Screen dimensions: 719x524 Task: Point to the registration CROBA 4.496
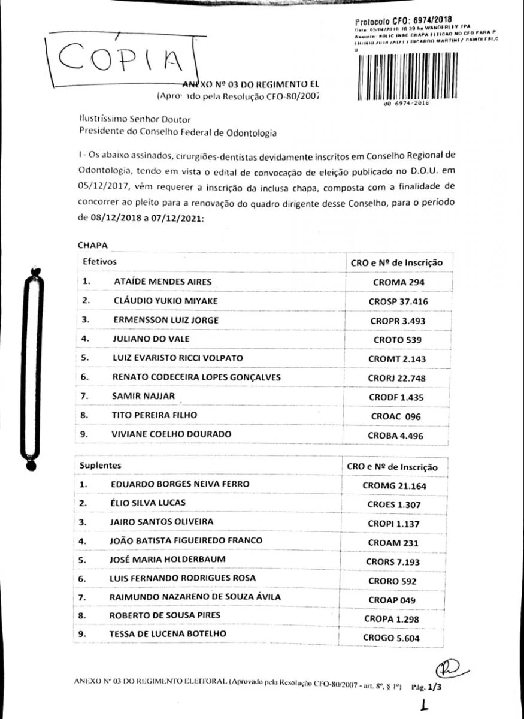pos(395,436)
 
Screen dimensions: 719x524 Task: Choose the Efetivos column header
pos(99,262)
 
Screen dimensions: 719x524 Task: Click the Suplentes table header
pos(100,465)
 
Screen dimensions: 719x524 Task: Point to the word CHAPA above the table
pos(91,245)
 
